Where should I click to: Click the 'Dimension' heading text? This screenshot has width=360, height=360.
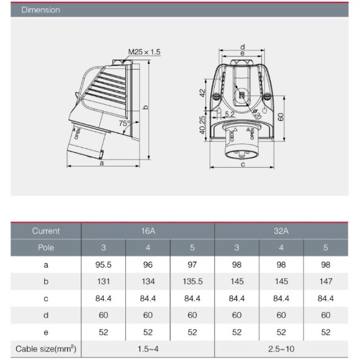[40, 10]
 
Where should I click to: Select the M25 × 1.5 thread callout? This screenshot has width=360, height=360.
[144, 52]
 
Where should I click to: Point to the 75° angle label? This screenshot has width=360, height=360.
[124, 124]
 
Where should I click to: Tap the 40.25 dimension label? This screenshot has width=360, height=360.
[202, 125]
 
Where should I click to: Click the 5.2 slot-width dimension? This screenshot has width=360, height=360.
[230, 114]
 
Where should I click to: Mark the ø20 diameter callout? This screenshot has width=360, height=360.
[256, 114]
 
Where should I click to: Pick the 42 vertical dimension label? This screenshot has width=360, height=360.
[202, 93]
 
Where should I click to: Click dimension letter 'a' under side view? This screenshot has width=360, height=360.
[102, 163]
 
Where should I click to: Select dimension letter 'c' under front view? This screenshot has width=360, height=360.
[243, 164]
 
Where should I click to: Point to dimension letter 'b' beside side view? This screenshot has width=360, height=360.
[146, 107]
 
